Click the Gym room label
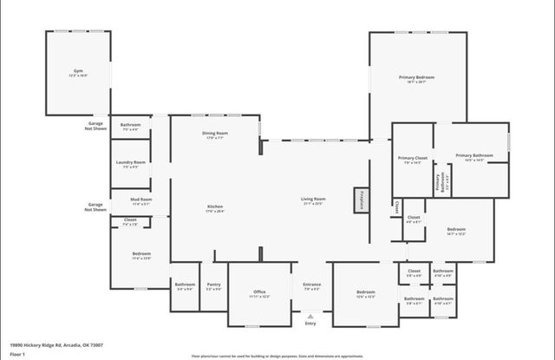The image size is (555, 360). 78,73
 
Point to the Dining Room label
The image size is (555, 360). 214,134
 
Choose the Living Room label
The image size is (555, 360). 312,200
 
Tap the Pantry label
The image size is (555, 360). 213,285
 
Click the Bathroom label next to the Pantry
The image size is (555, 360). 186,285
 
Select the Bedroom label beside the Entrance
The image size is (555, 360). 366,293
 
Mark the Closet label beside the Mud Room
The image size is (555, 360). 131,221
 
